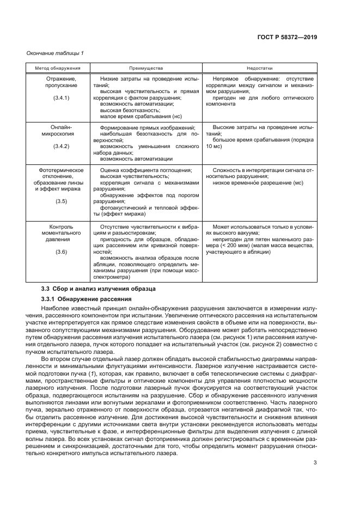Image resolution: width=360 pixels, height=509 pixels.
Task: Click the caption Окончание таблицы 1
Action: point(55,53)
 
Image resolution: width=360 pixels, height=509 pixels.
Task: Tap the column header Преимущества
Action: point(146,69)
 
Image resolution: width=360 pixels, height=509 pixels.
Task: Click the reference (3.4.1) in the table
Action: point(61,97)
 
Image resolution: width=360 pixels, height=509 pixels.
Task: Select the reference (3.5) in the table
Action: point(61,201)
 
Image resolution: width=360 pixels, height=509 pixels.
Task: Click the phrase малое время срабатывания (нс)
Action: point(141,116)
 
